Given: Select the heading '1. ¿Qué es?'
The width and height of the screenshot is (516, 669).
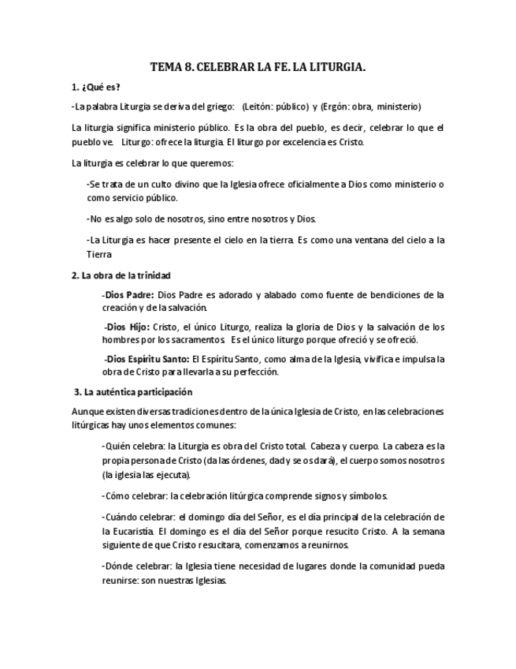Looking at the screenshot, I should (x=95, y=87).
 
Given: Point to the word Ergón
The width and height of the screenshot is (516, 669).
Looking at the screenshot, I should (x=347, y=107).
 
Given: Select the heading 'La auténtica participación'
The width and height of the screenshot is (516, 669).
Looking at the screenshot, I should (x=137, y=392).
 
